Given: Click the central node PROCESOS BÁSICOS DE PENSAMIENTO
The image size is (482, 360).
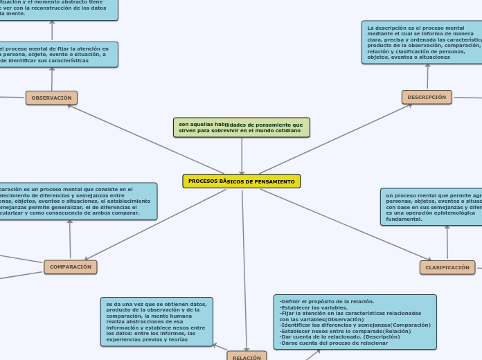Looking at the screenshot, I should pyautogui.click(x=241, y=181).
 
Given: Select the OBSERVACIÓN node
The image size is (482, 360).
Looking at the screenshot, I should pyautogui.click(x=51, y=98).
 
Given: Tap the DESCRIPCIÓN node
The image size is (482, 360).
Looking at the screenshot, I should pyautogui.click(x=427, y=98).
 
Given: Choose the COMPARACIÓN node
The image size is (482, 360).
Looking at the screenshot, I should pyautogui.click(x=70, y=267).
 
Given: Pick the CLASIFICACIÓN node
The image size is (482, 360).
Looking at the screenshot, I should pyautogui.click(x=447, y=267).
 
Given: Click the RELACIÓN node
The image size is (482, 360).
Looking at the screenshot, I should pyautogui.click(x=247, y=356).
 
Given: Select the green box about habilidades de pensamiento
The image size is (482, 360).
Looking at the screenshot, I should pyautogui.click(x=241, y=127).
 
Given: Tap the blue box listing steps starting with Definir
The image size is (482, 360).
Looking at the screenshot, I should pyautogui.click(x=355, y=322).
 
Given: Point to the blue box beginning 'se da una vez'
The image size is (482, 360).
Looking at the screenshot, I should pyautogui.click(x=157, y=321).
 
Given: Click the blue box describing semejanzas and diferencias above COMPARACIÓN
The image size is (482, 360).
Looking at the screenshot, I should pyautogui.click(x=76, y=201).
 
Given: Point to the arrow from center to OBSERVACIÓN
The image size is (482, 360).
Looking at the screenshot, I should pyautogui.click(x=145, y=138).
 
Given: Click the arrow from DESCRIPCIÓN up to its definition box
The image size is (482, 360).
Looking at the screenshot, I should pyautogui.click(x=427, y=77).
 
